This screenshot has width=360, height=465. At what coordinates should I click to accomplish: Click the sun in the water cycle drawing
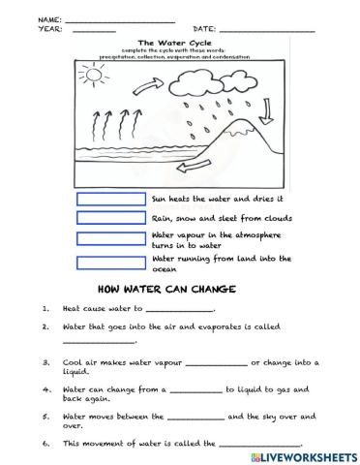click(91, 74)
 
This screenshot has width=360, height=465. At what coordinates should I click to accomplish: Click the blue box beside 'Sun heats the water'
click(112, 199)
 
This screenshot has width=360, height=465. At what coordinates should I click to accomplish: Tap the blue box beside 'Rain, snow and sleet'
click(112, 218)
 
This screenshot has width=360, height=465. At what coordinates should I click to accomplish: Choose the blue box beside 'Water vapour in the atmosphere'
click(112, 238)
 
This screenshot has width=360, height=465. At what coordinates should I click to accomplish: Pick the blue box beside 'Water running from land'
click(112, 263)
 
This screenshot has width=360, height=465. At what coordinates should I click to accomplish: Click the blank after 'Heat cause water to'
click(179, 311)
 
